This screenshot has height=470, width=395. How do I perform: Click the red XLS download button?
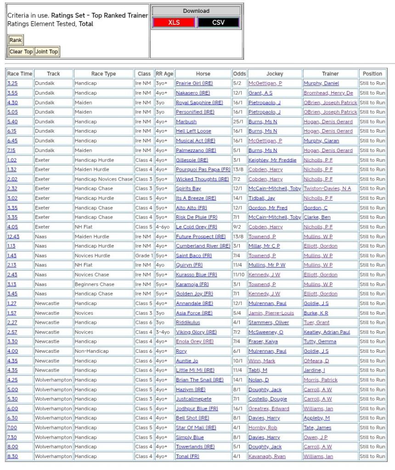pyautogui.click(x=174, y=23)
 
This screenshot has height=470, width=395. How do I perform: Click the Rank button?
pyautogui.click(x=16, y=40)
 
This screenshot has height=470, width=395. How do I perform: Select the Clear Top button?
pyautogui.click(x=21, y=51)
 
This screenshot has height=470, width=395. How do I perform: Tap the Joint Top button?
pyautogui.click(x=47, y=51)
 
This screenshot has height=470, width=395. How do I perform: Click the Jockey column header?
pyautogui.click(x=275, y=74)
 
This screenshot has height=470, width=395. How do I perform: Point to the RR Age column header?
pyautogui.click(x=164, y=74)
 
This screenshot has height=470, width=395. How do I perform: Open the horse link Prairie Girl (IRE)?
pyautogui.click(x=194, y=84)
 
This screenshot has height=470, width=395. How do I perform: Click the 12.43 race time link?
pyautogui.click(x=13, y=237)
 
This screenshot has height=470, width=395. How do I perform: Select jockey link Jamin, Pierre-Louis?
pyautogui.click(x=271, y=313)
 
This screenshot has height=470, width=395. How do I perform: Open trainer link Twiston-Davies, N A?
pyautogui.click(x=327, y=189)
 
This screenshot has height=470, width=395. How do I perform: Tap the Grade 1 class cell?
pyautogui.click(x=144, y=255)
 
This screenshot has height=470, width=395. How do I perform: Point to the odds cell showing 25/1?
pyautogui.click(x=239, y=122)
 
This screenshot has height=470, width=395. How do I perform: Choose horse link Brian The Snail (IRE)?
pyautogui.click(x=199, y=380)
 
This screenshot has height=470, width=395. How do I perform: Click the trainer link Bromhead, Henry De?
pyautogui.click(x=328, y=93)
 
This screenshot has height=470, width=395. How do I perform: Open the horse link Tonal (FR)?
pyautogui.click(x=187, y=456)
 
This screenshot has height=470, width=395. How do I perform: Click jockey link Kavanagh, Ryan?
pyautogui.click(x=267, y=456)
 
